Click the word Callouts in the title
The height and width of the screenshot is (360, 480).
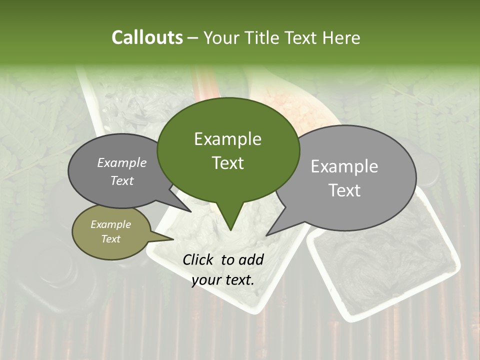point(147,37)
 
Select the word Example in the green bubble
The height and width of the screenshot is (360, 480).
point(227,139)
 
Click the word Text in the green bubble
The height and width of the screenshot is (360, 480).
point(227,162)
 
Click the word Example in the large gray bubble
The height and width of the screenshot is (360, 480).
point(344,166)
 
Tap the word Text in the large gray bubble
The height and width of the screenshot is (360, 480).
point(344,190)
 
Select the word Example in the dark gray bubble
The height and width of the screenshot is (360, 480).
point(121,162)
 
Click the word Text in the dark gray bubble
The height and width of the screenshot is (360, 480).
point(121,180)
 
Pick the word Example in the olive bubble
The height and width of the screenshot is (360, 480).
point(110,224)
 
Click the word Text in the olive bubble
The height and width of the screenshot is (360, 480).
point(110,239)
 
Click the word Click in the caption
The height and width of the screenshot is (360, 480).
point(200,259)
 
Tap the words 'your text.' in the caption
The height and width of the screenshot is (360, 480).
point(222,280)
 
